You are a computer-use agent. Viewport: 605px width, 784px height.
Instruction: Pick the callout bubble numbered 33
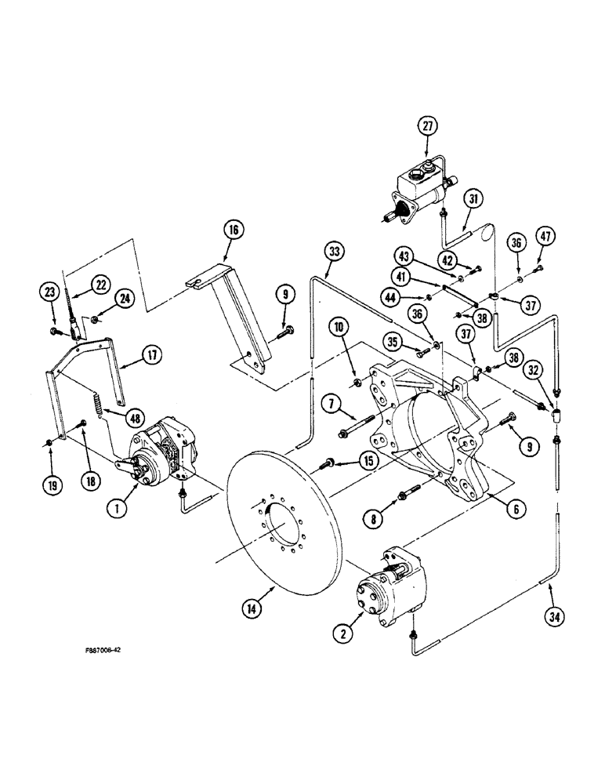[x=335, y=251]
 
